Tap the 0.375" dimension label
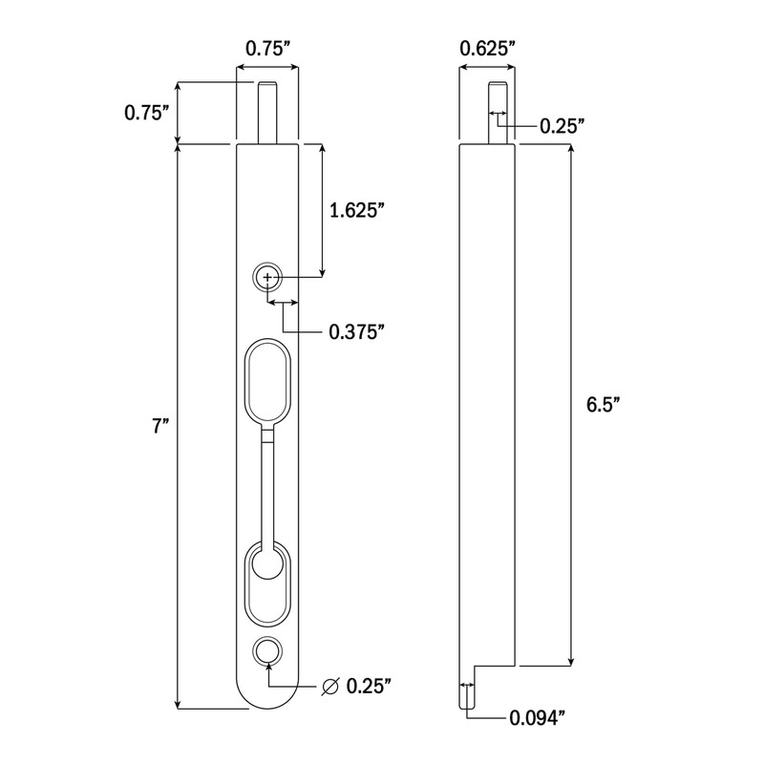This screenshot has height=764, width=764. click(x=356, y=331)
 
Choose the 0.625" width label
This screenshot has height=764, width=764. click(x=488, y=47)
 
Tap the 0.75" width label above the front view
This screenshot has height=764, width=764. click(x=267, y=47)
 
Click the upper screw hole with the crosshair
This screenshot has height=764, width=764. click(x=267, y=278)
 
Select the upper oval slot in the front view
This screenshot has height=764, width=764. click(x=267, y=380)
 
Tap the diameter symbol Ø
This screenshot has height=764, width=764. click(x=330, y=686)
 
